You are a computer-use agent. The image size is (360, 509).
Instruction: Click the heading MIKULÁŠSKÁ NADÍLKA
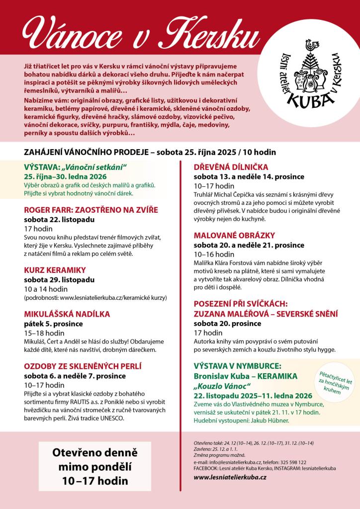tap(67, 314)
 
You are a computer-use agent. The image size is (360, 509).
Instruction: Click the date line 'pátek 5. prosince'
tap(54, 324)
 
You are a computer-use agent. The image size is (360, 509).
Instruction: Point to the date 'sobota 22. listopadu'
tap(59, 219)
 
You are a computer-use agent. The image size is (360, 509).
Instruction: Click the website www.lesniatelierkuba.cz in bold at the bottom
tap(230, 477)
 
